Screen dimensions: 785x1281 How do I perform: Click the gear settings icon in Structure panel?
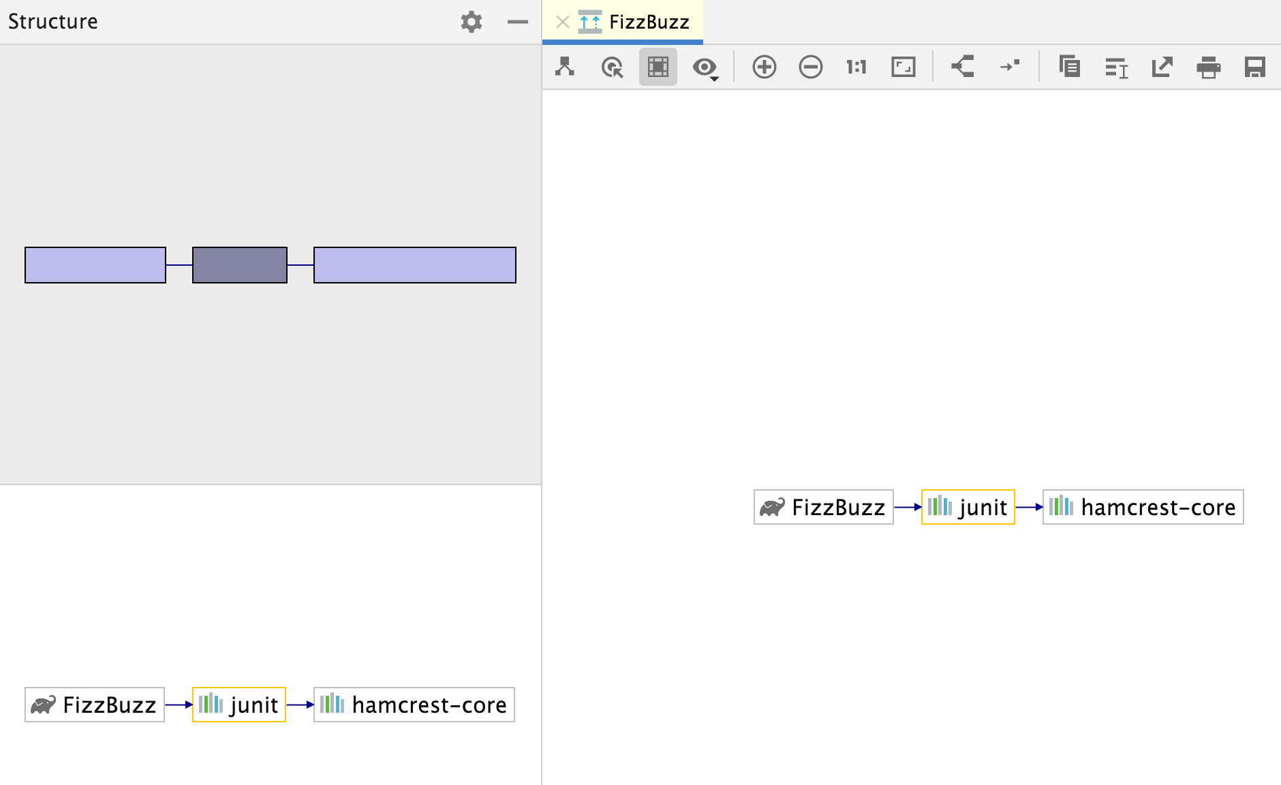pyautogui.click(x=471, y=22)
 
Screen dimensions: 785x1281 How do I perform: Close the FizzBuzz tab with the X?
pyautogui.click(x=562, y=22)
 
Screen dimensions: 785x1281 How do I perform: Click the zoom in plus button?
pyautogui.click(x=764, y=67)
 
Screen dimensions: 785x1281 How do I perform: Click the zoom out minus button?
pyautogui.click(x=810, y=67)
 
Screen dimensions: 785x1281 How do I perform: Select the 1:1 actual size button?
pyautogui.click(x=856, y=67)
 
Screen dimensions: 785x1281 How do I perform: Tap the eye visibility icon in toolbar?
pyautogui.click(x=704, y=67)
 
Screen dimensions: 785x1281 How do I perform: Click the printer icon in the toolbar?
pyautogui.click(x=1208, y=67)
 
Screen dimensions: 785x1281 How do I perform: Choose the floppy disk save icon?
pyautogui.click(x=1254, y=67)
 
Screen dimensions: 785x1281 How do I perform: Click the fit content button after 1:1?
pyautogui.click(x=903, y=67)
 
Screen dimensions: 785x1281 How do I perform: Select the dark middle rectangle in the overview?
pyautogui.click(x=240, y=265)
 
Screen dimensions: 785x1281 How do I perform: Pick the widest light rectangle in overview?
pyautogui.click(x=414, y=265)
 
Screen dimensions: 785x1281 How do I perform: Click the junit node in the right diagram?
pyautogui.click(x=968, y=507)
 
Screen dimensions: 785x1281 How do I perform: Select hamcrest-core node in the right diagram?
pyautogui.click(x=1143, y=507)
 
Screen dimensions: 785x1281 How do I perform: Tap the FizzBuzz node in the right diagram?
pyautogui.click(x=823, y=507)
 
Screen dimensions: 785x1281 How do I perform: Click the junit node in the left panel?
pyautogui.click(x=239, y=705)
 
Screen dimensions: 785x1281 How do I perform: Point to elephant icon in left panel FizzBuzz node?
pyautogui.click(x=43, y=705)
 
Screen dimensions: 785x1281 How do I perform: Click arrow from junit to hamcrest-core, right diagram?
pyautogui.click(x=1029, y=507)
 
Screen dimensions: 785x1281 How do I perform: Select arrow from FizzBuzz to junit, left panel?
pyautogui.click(x=179, y=705)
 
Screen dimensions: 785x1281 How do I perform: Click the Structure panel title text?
pyautogui.click(x=53, y=22)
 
